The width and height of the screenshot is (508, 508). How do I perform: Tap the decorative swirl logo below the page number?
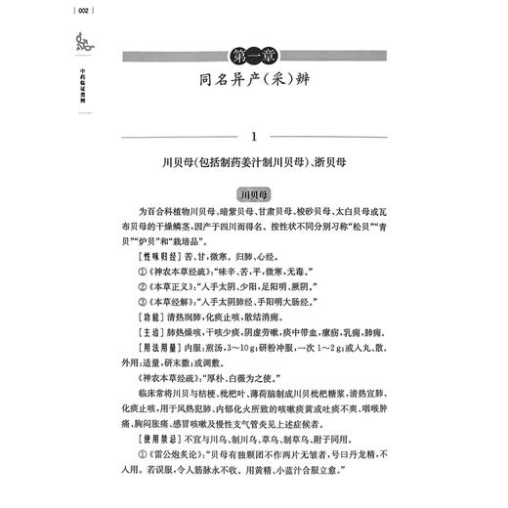point(26,42)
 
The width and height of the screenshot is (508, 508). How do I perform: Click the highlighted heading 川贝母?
point(267,192)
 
